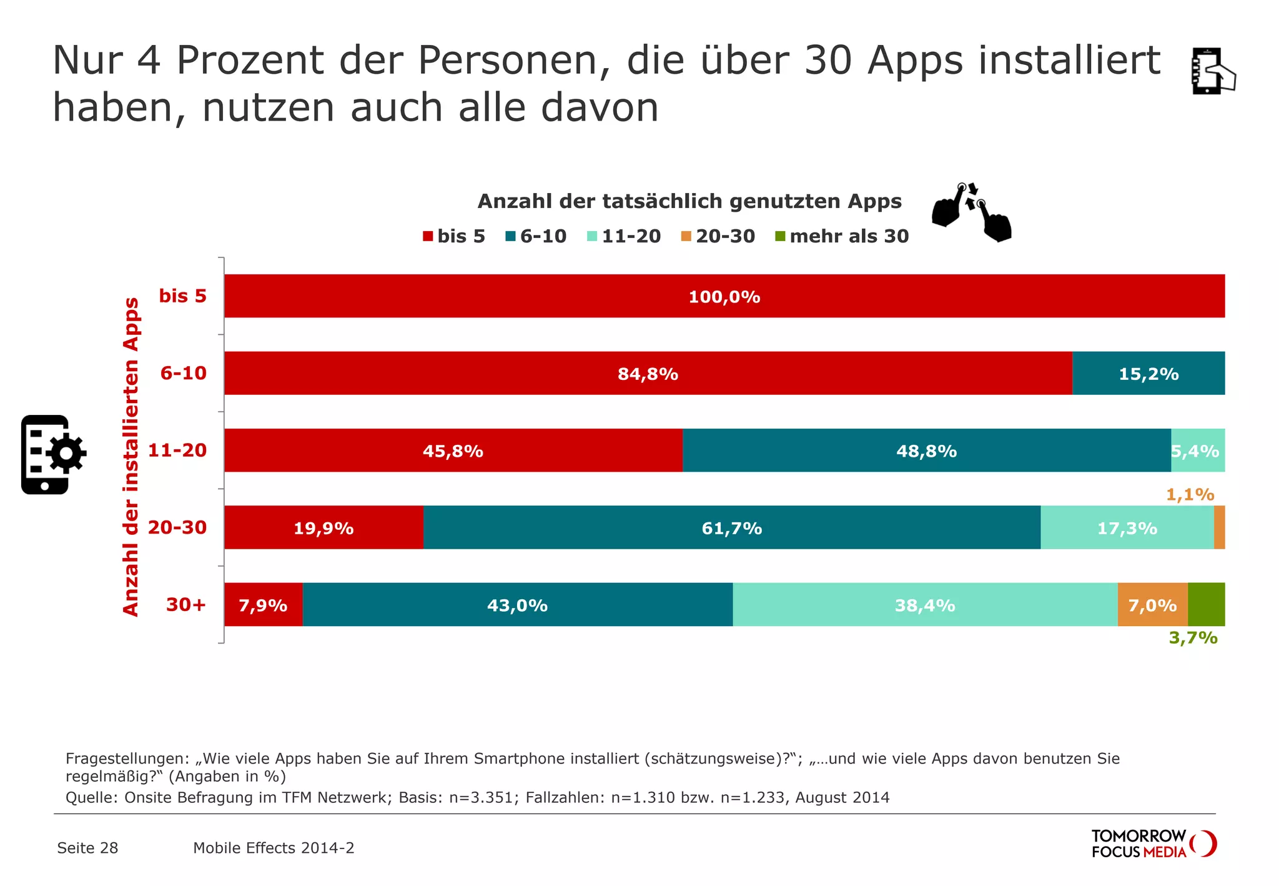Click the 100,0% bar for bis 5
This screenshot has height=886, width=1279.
pos(724,296)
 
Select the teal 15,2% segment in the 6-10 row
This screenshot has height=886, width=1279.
pos(1148,374)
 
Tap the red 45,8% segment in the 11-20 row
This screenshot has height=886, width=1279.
pos(453,450)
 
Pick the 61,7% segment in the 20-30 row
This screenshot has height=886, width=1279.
pos(731,528)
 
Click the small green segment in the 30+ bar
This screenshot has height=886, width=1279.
pos(1206,604)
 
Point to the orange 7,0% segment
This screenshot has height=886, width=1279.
pos(1152,605)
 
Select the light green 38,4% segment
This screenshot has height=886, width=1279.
pos(924,605)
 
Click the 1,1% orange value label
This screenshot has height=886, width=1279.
pos(1190,495)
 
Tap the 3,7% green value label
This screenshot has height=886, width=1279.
pos(1193,638)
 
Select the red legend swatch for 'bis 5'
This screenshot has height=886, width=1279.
pos(428,236)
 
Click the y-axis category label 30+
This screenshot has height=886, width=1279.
pos(185,605)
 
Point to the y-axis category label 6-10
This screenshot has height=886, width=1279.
pos(183,373)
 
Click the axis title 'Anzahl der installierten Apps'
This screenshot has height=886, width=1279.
pos(131,457)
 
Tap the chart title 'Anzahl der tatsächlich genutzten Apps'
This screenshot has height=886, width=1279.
pos(689,201)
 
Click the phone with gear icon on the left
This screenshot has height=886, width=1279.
pos(52,454)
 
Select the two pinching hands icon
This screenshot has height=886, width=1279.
pos(970,212)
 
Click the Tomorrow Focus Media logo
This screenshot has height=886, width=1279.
pos(1153,844)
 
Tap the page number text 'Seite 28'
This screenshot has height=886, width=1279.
pos(87,848)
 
